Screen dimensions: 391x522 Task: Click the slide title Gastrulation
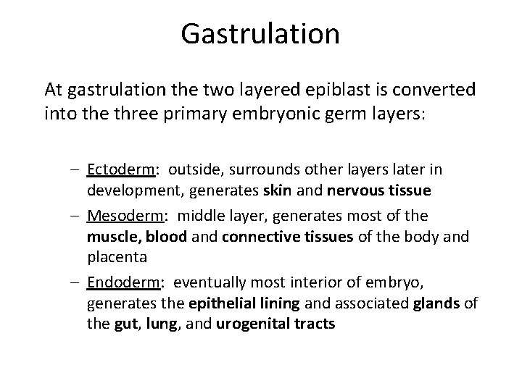pyautogui.click(x=260, y=33)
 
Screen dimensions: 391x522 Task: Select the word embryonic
pyautogui.click(x=249, y=114)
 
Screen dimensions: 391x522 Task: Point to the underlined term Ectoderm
pyautogui.click(x=120, y=169)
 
